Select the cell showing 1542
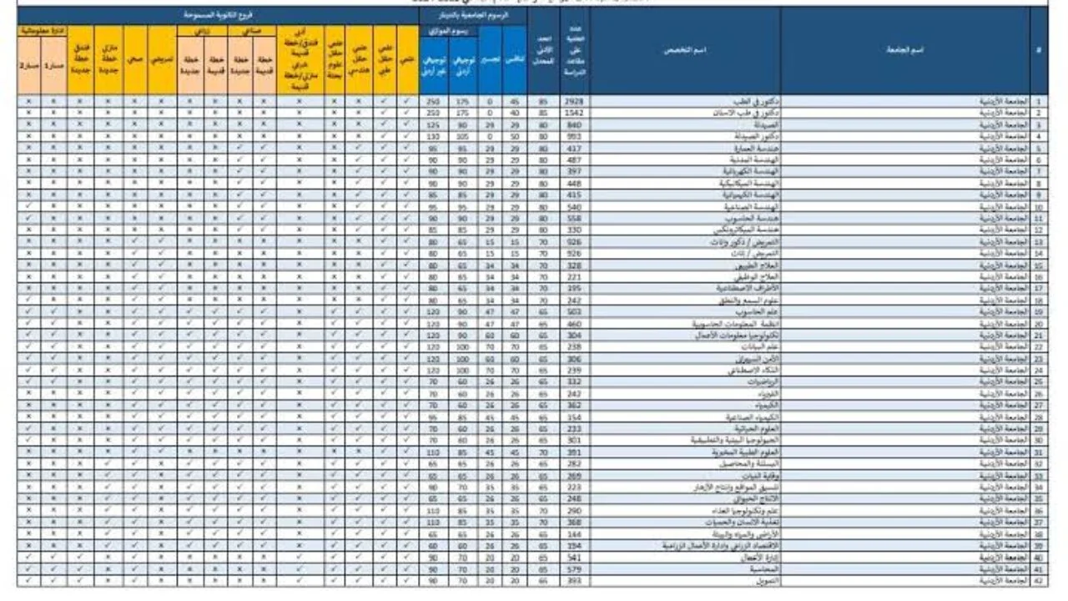click(573, 112)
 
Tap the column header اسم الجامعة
click(904, 50)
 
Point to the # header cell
click(1039, 50)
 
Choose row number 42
click(1039, 580)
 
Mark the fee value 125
click(433, 124)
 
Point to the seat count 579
click(573, 568)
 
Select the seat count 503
click(573, 311)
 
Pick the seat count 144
click(573, 533)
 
